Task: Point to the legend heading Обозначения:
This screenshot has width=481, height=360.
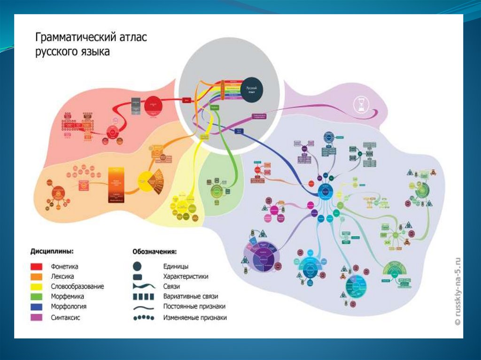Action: click(155, 252)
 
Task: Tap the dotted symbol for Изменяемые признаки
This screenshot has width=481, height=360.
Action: click(143, 317)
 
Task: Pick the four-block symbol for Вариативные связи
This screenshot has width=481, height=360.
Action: click(143, 297)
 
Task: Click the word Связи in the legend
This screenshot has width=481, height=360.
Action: click(171, 286)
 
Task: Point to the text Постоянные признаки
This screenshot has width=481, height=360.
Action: click(194, 306)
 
